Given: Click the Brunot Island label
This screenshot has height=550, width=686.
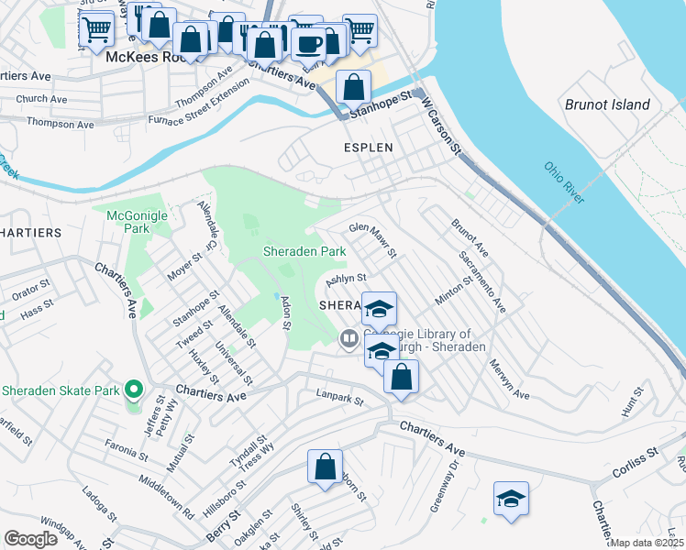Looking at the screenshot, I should coord(607,104).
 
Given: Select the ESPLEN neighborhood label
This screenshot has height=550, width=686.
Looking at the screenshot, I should coord(368,147).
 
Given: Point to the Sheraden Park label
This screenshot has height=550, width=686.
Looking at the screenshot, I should coord(304,250).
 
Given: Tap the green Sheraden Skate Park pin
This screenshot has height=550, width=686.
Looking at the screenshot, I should coord(133,390).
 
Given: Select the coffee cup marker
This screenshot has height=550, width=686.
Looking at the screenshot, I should coord(310,42).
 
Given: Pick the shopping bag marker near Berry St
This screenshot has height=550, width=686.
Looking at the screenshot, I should coord(325,466).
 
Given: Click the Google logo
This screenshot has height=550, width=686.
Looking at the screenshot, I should coord(30,539).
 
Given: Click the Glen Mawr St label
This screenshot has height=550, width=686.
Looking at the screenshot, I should coord(371,240).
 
